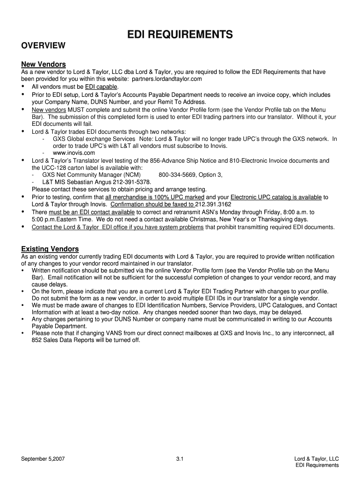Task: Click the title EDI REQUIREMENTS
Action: tap(180, 34)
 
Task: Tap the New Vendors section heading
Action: tap(43, 64)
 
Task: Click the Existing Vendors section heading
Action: tap(50, 248)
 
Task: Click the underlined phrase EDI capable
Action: tap(101, 87)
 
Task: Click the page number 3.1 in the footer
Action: tap(180, 459)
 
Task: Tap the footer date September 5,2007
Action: tap(43, 459)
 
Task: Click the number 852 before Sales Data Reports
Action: tap(37, 340)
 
